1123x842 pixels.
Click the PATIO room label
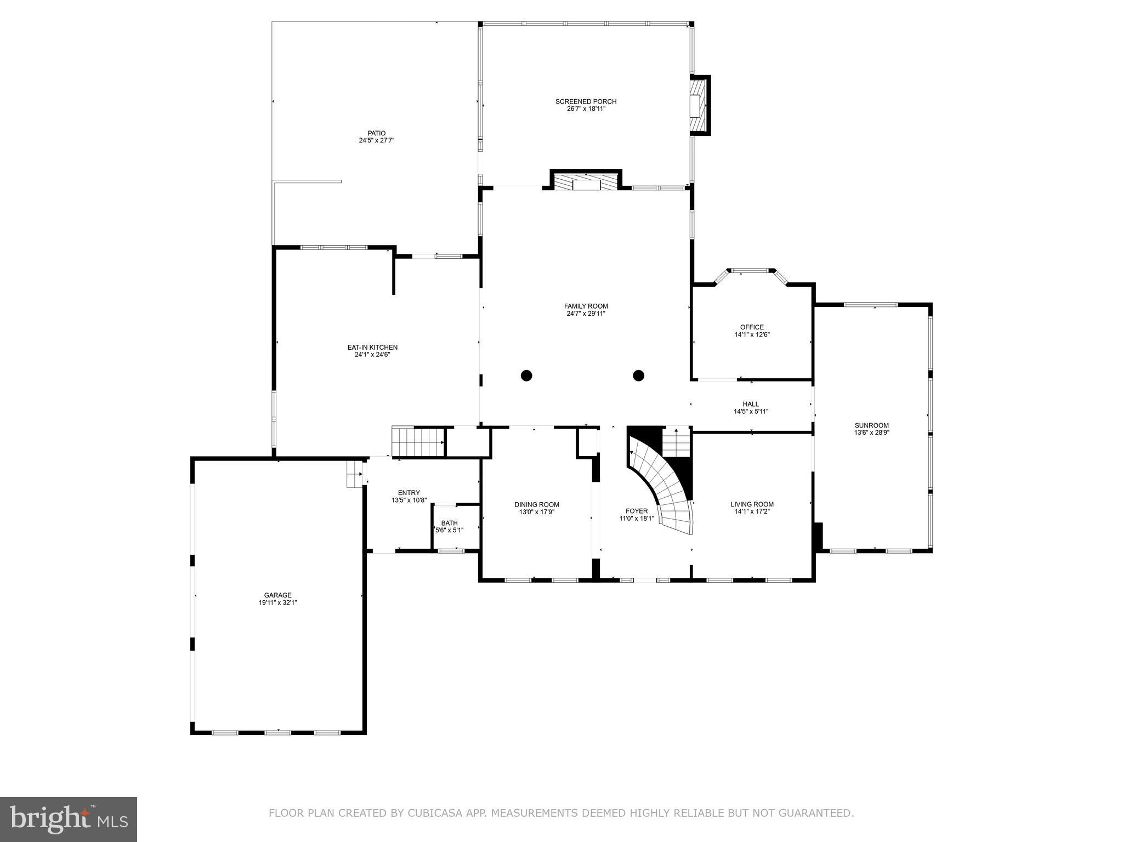click(377, 133)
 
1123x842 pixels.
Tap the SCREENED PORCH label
click(586, 101)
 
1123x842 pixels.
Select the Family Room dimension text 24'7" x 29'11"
click(586, 314)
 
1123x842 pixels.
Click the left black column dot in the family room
click(526, 376)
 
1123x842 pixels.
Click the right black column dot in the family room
click(638, 376)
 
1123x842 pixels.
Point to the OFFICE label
click(752, 327)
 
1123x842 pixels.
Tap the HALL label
click(751, 404)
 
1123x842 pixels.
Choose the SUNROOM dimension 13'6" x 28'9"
click(871, 433)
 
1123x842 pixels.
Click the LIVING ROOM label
click(752, 504)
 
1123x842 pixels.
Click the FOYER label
click(637, 511)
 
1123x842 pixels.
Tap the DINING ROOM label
click(536, 504)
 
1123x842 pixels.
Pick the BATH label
click(449, 523)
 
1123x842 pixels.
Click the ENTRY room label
click(409, 493)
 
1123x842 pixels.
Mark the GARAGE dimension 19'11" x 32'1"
click(278, 602)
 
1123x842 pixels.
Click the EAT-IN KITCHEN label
click(372, 347)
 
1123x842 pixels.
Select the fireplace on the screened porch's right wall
click(699, 105)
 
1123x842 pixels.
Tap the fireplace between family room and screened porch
click(586, 181)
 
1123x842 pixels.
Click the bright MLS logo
click(69, 820)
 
